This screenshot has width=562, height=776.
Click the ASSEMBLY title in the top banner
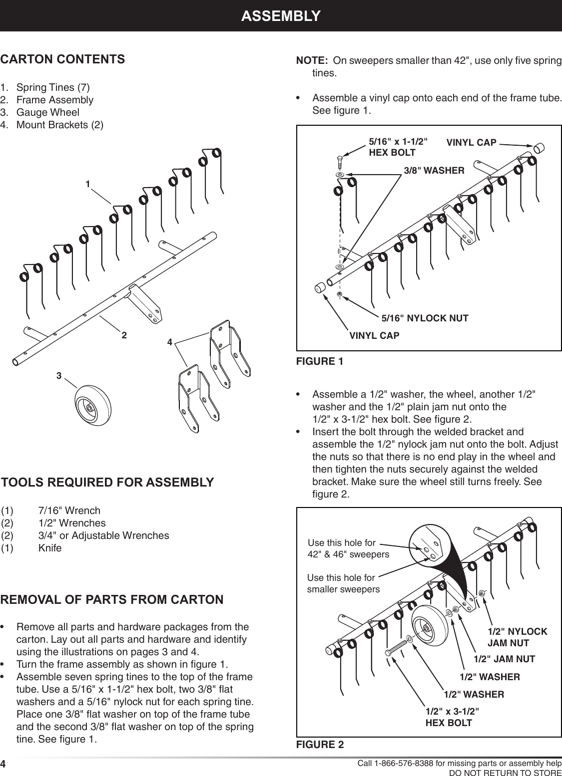(280, 15)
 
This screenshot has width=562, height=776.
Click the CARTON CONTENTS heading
(62, 59)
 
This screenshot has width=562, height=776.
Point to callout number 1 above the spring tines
(87, 184)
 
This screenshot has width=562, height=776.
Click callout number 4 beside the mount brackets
(170, 342)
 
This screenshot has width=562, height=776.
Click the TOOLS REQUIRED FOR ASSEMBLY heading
(107, 483)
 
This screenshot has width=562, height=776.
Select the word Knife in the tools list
(50, 548)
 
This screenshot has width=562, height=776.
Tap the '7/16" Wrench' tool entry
(69, 511)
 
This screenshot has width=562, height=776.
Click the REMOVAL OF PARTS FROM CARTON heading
(112, 599)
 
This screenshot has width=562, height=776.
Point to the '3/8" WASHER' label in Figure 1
(434, 171)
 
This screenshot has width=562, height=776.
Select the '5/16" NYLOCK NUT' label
(425, 318)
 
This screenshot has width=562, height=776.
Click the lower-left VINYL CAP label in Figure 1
(374, 335)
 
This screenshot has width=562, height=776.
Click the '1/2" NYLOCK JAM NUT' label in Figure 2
(517, 637)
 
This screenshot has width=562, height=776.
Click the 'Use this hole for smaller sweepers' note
(343, 583)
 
